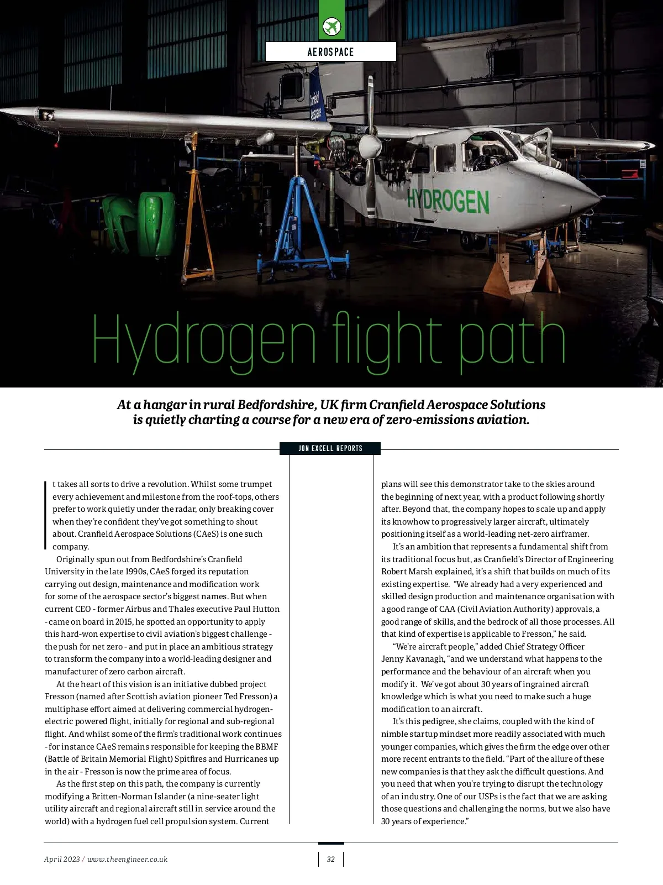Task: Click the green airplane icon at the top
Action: point(331,26)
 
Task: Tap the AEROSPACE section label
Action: point(330,52)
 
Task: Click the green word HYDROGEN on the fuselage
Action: point(448,201)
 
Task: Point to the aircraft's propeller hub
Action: point(369,146)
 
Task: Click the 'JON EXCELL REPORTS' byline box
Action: point(330,448)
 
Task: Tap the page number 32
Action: point(331,859)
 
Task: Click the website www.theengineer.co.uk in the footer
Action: point(127,859)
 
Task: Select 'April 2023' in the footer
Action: point(62,859)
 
